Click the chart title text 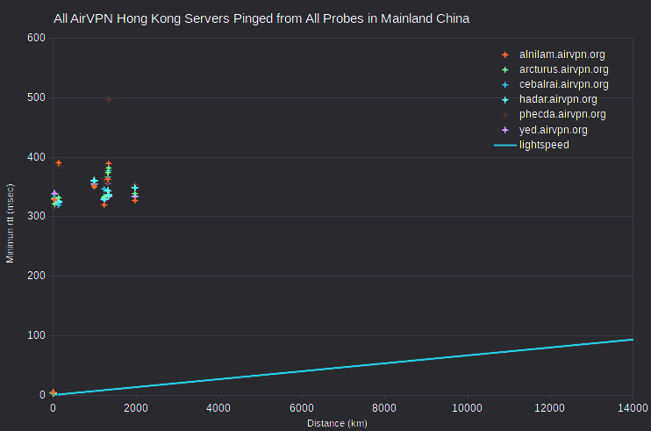tap(261, 18)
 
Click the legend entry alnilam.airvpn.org tap(562, 54)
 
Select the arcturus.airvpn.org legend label tap(563, 69)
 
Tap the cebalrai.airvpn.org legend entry tap(563, 84)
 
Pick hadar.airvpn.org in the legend tap(558, 99)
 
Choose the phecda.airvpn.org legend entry tap(562, 114)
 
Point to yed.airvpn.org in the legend tap(553, 130)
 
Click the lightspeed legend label tap(544, 145)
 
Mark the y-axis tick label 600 tap(36, 38)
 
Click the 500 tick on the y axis tap(36, 97)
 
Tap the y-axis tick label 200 tap(36, 276)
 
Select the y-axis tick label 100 tap(36, 335)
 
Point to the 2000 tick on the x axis tap(136, 408)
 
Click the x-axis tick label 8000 tap(384, 408)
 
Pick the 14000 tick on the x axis tap(633, 408)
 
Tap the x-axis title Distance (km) tap(337, 423)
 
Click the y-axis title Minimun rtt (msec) tap(10, 223)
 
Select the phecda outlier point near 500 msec tap(109, 100)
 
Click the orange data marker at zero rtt tap(53, 392)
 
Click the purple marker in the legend tap(505, 130)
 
